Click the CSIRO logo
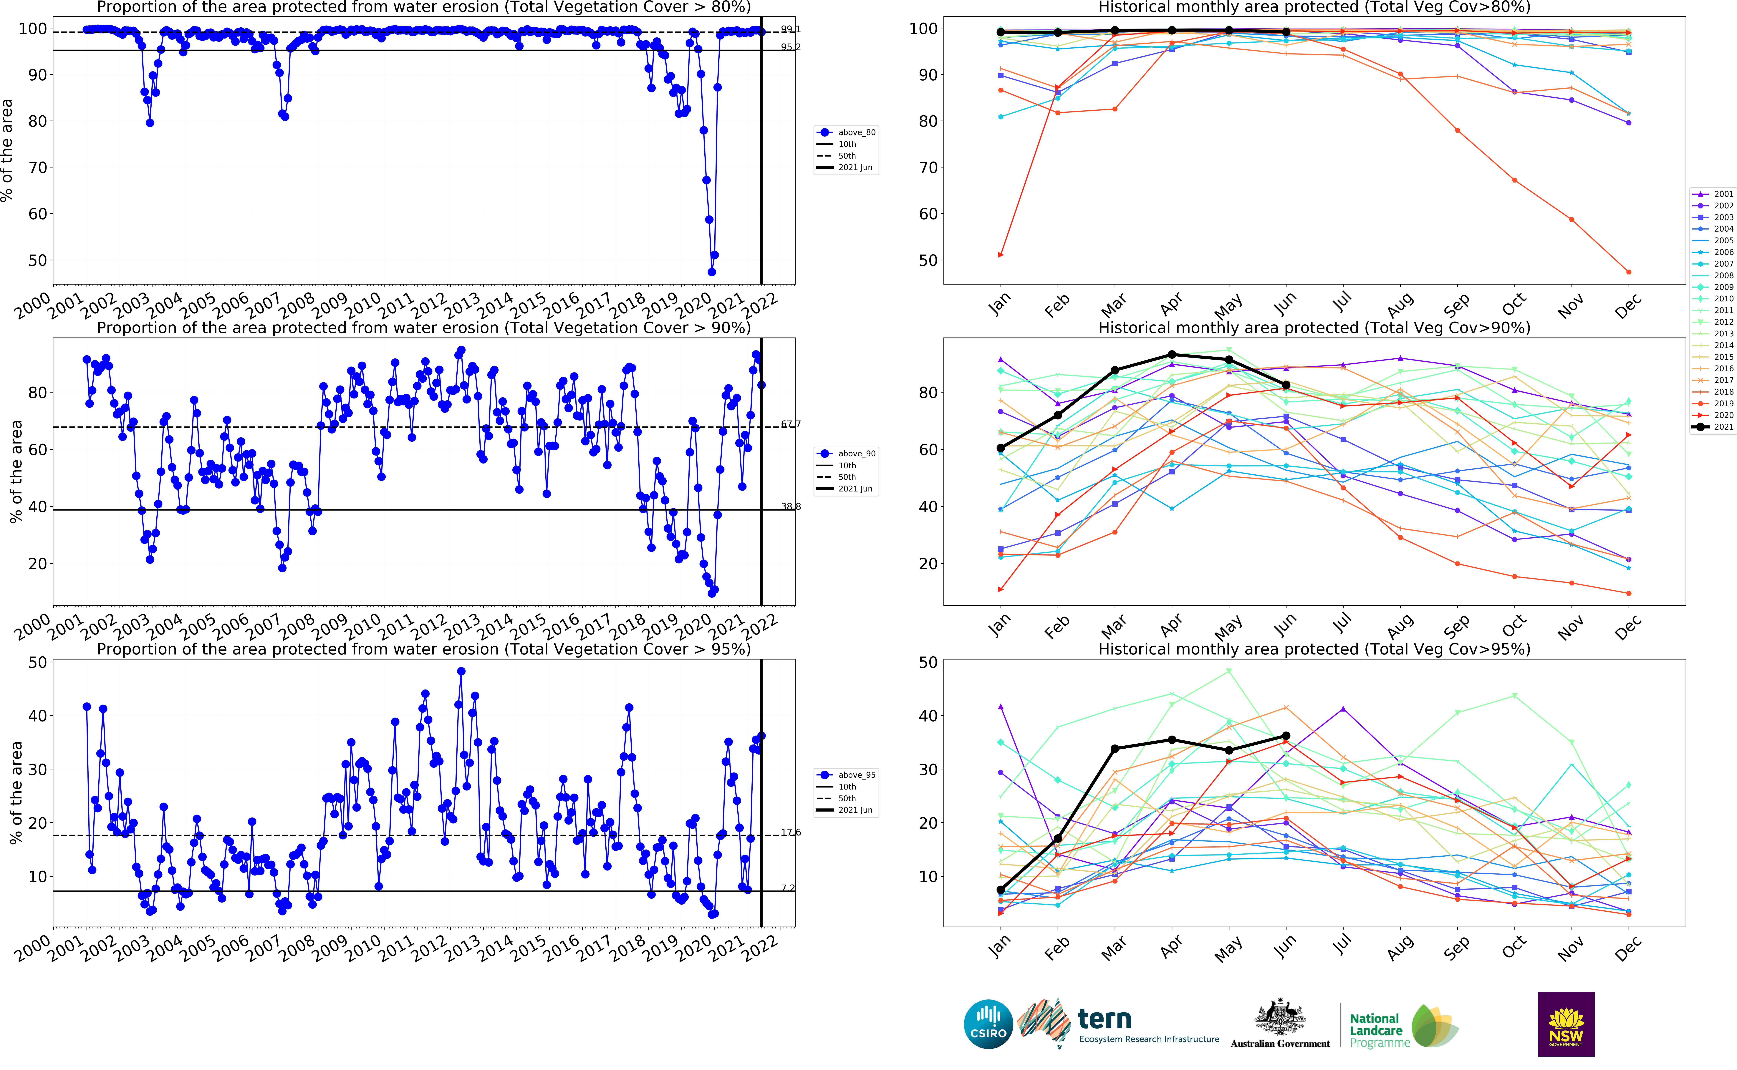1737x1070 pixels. (988, 1024)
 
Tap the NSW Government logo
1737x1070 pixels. (1566, 1024)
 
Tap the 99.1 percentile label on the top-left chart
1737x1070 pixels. (791, 29)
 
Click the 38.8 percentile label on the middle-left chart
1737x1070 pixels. (791, 507)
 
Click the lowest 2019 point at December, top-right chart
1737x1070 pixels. (1629, 272)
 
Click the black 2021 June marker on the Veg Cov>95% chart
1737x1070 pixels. (1286, 736)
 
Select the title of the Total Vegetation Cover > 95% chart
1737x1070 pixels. (423, 649)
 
